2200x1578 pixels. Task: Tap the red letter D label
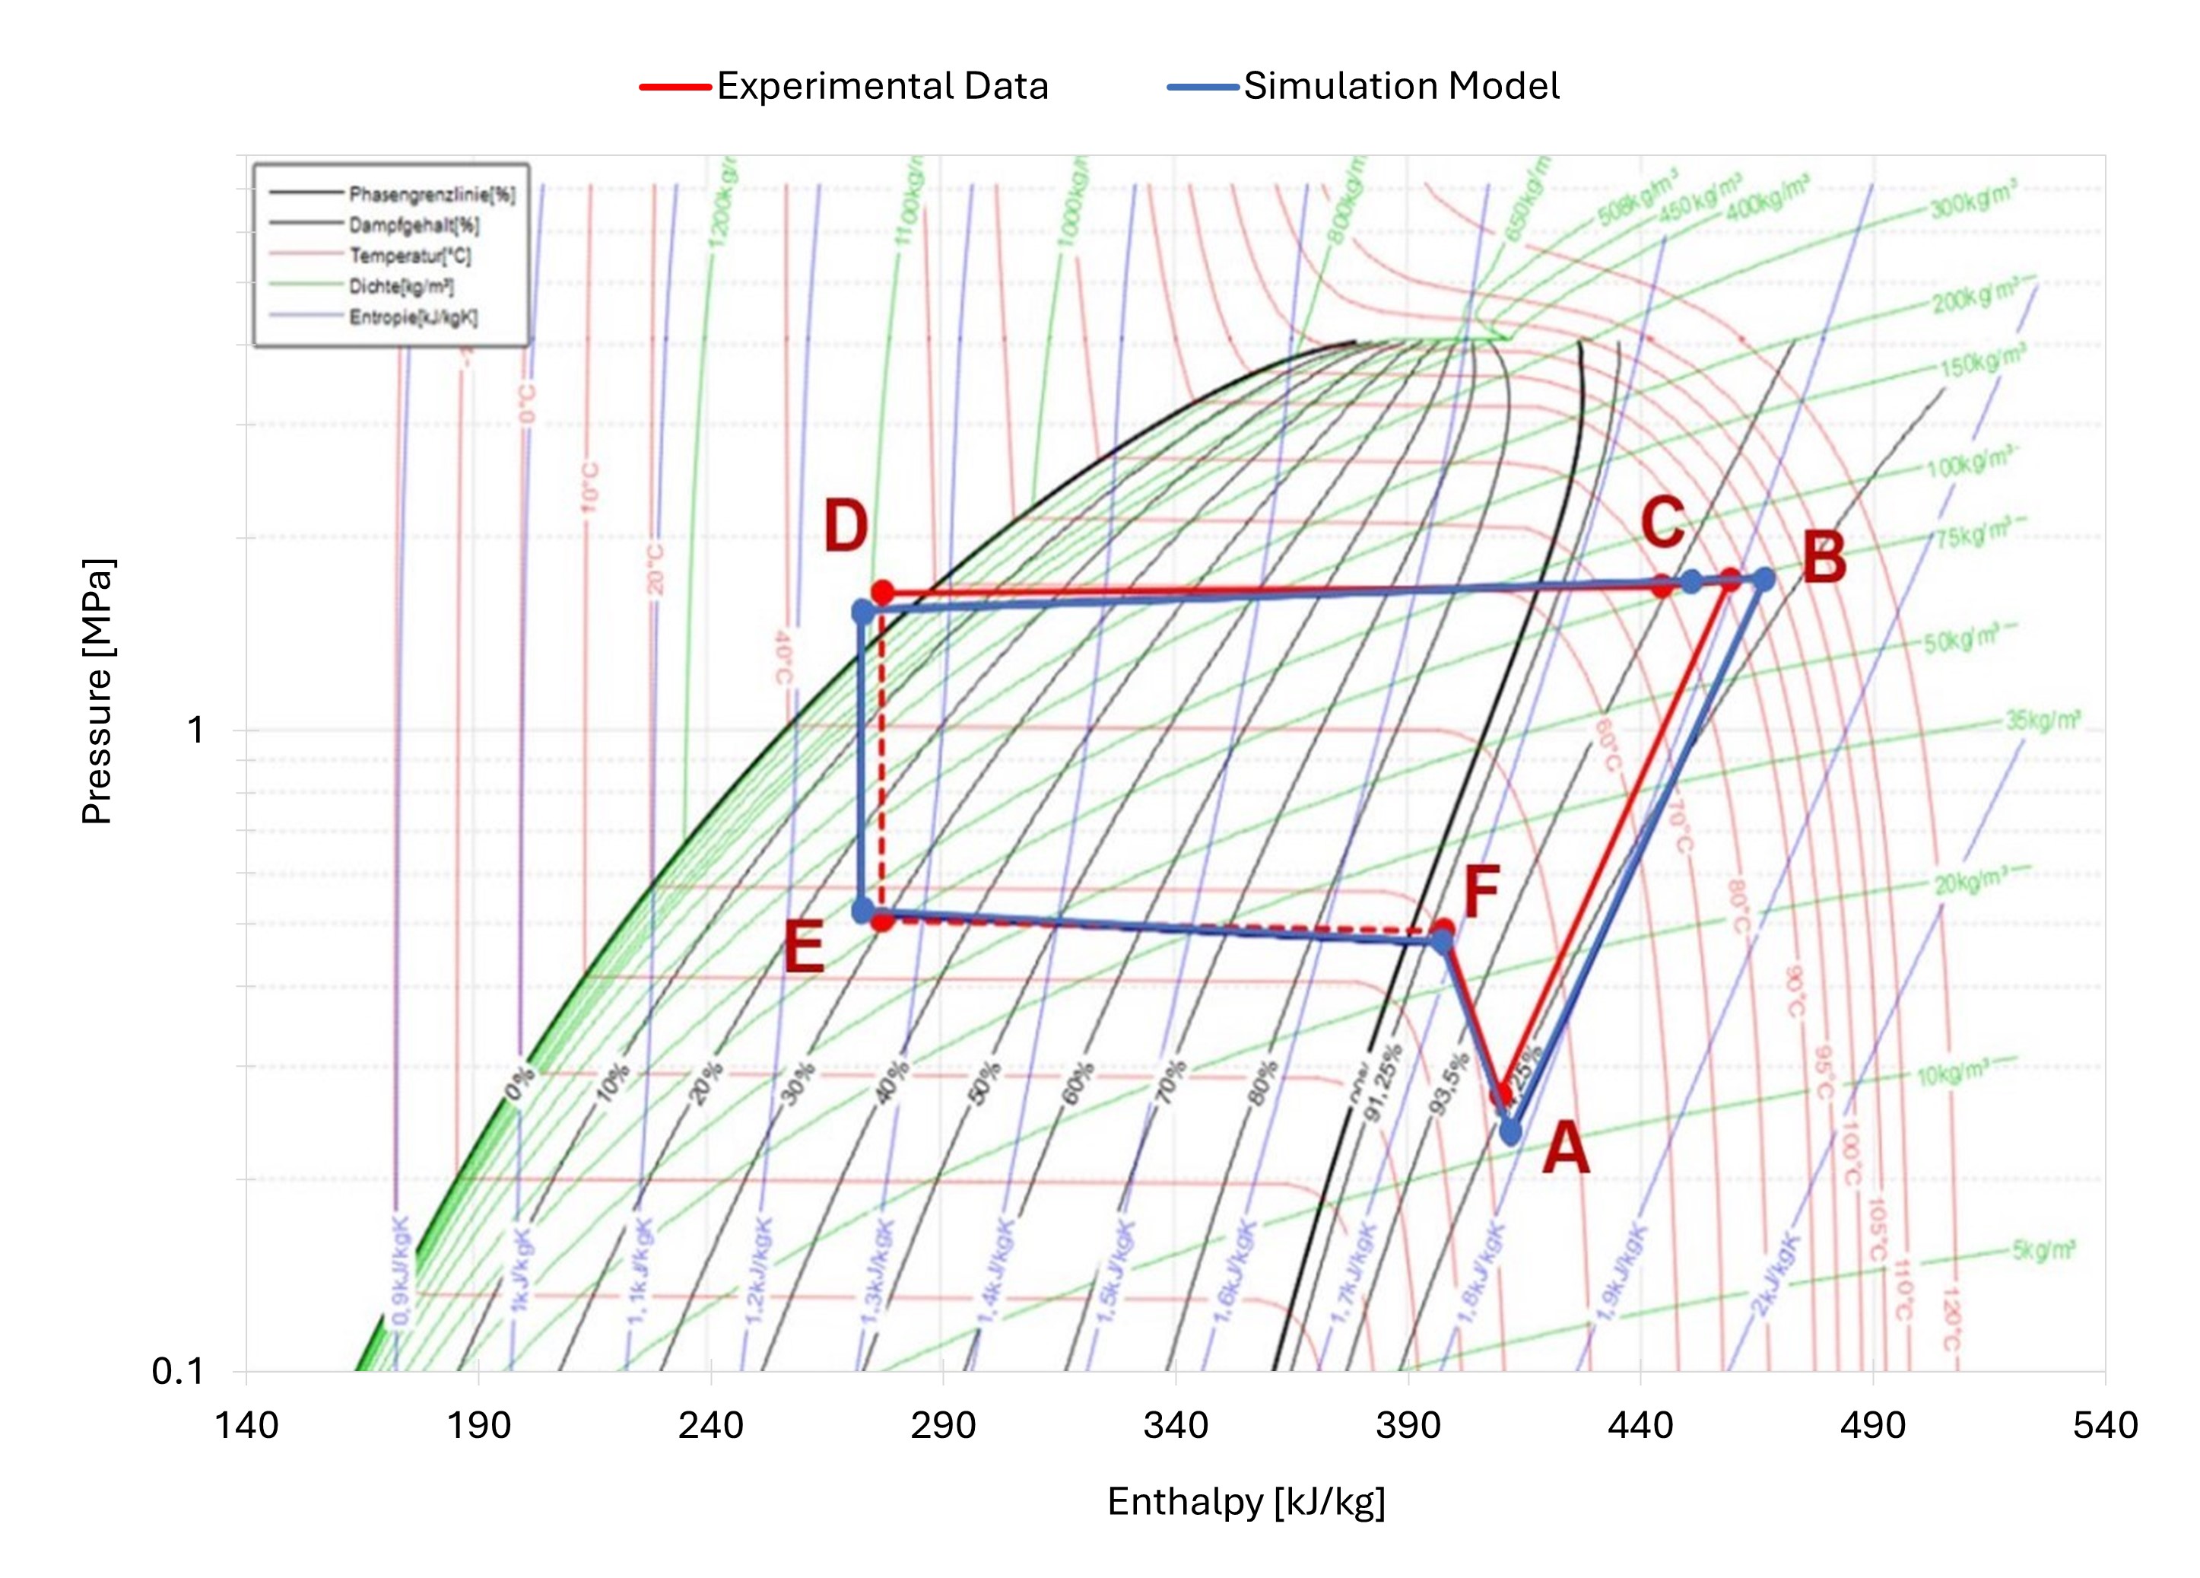pos(845,527)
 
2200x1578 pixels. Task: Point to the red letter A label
pos(1566,1147)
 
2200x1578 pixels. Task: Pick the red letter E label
pos(803,948)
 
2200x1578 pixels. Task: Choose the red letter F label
pos(1481,892)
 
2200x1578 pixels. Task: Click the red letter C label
pos(1662,522)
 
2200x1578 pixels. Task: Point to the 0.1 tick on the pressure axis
pos(179,1371)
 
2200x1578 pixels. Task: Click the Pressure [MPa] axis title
pos(97,691)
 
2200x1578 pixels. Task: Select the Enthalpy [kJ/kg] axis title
pos(1246,1501)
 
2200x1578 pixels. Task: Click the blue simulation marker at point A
pos(1510,1131)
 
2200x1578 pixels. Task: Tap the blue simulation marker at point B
pos(1763,579)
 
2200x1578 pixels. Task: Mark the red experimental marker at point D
pos(881,592)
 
